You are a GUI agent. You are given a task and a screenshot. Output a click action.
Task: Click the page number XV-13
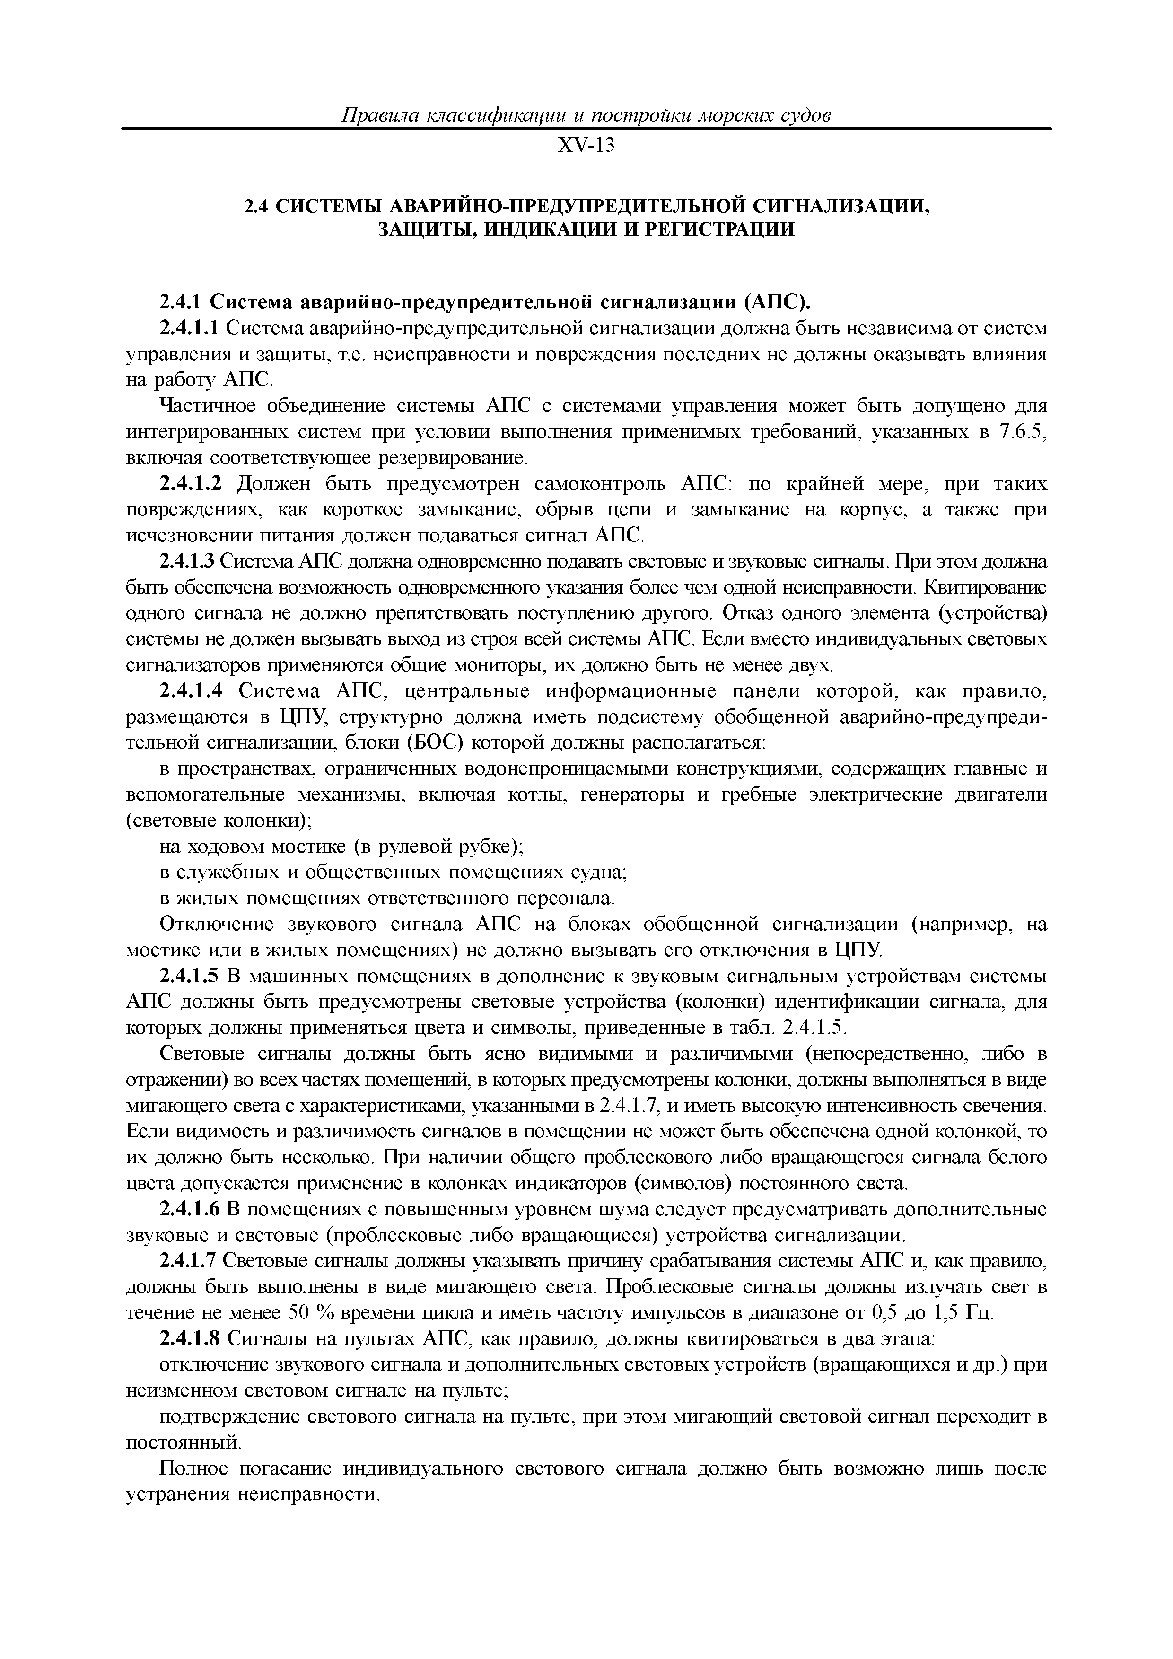point(586,145)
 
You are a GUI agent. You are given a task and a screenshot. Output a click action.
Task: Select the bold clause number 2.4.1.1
point(189,329)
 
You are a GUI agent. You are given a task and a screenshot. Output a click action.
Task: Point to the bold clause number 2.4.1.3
point(187,561)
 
